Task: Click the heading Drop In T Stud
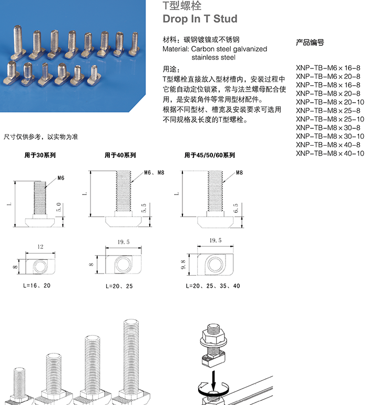click(x=200, y=19)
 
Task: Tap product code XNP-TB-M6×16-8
click(x=328, y=68)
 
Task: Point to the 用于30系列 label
click(x=40, y=155)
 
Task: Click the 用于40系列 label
click(x=120, y=155)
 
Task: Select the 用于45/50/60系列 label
click(x=209, y=155)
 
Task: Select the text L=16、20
click(x=37, y=286)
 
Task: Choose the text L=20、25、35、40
click(x=213, y=286)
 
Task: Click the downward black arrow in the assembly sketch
click(x=213, y=378)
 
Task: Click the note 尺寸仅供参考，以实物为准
click(x=41, y=137)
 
